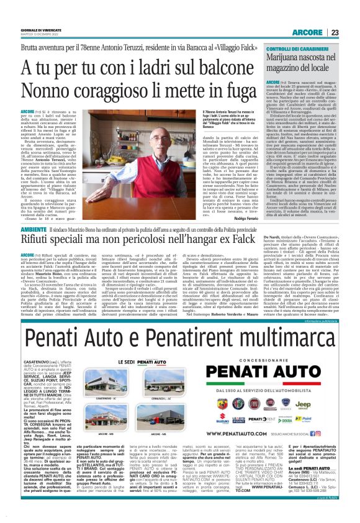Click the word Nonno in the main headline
48,91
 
